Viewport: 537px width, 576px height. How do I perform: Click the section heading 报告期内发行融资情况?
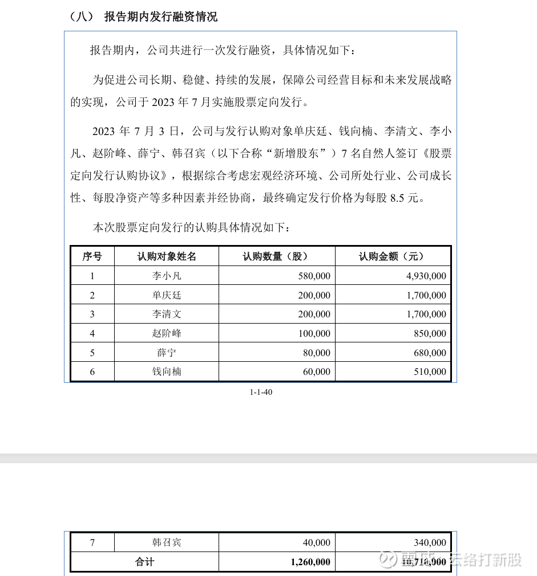pos(160,17)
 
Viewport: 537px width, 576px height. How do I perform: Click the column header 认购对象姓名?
pos(166,256)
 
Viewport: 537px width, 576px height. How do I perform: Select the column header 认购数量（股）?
pos(276,256)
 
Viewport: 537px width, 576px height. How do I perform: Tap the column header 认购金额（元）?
pos(393,256)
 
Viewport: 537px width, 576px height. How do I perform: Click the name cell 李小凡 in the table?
pos(166,276)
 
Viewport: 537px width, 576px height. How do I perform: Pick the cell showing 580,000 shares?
pos(314,276)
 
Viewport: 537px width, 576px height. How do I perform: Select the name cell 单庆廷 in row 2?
pos(166,295)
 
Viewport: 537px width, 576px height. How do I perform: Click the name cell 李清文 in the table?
pos(166,314)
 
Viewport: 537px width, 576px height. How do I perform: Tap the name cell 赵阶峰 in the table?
pos(166,333)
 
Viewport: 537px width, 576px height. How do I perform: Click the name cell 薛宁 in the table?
pos(166,353)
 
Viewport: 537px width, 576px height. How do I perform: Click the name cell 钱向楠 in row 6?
pos(166,371)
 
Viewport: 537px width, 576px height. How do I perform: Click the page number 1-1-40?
pos(261,392)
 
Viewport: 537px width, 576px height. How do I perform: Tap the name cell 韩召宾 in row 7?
pos(166,542)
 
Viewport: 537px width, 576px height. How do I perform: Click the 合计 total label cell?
pos(144,562)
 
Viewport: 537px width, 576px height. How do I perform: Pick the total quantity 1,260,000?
pos(310,562)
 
